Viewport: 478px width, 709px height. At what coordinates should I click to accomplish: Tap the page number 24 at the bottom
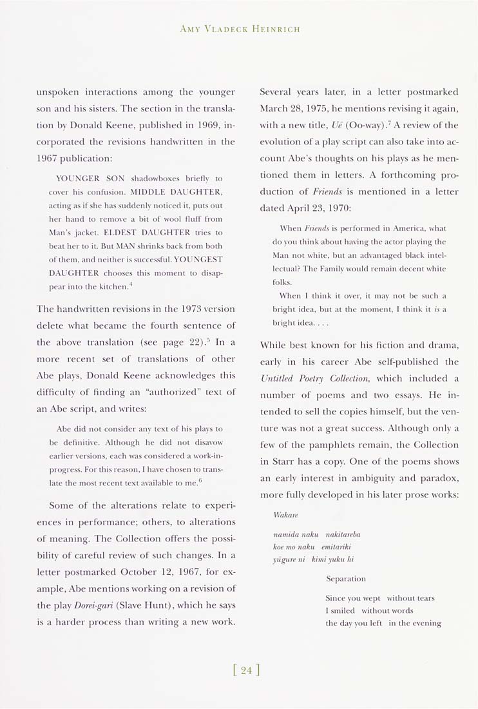point(245,670)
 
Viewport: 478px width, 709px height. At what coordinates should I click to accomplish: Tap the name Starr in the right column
point(291,461)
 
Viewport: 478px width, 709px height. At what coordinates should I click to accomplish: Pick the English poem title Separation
point(346,579)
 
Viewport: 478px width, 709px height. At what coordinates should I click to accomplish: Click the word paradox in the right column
point(439,478)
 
